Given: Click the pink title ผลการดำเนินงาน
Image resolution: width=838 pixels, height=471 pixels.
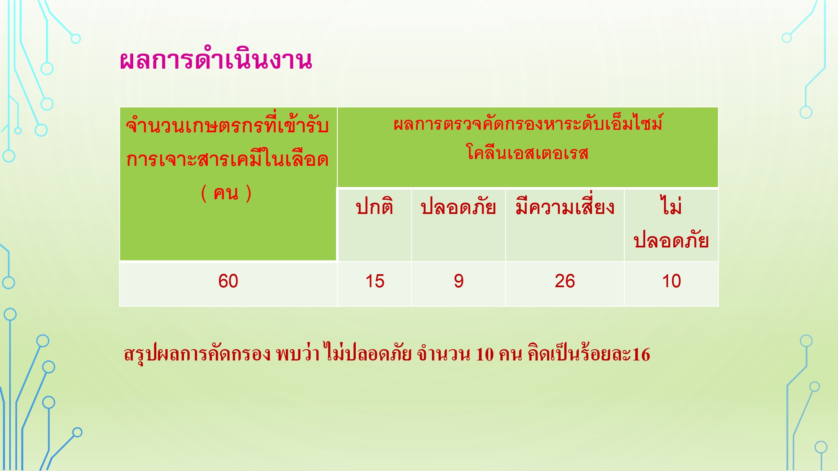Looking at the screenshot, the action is pos(216,60).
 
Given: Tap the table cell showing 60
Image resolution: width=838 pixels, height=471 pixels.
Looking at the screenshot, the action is pos(228,281).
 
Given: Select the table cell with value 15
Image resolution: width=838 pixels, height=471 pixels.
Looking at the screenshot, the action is pos(375,281).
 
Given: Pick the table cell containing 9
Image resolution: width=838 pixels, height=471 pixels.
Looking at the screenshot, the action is pos(459,281).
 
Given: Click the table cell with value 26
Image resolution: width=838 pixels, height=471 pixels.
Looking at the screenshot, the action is pos(565,281).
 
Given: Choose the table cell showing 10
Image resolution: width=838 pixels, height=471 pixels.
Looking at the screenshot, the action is pos(671,281).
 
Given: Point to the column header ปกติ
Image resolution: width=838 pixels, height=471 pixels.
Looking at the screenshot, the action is pos(375,206).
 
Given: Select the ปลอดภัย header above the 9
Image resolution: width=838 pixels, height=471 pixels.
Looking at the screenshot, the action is pos(458,206).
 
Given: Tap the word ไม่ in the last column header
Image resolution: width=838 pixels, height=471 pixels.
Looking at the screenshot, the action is pos(671,205).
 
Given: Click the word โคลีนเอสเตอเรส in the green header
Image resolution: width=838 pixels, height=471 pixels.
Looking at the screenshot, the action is pos(528,152).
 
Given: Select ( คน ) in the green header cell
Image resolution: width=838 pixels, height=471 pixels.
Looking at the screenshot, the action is pos(226,193).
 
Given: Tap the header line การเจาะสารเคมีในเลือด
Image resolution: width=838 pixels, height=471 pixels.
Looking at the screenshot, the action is pos(228,159).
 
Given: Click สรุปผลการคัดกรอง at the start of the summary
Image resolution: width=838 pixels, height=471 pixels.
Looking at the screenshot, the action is pos(197,354).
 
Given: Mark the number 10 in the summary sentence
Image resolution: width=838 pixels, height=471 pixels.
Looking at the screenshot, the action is pos(485,355).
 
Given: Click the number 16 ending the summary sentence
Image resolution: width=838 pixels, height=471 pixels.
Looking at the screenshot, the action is pos(641,355).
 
